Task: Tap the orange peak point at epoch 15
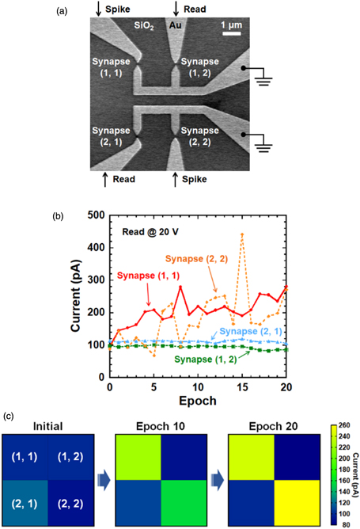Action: point(242,234)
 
